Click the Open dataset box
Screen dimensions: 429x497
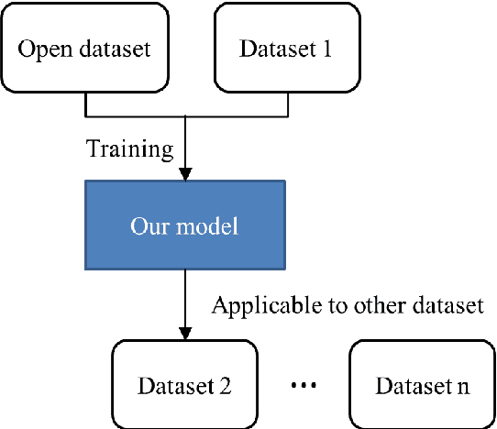coord(85,48)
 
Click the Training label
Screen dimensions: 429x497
coord(128,148)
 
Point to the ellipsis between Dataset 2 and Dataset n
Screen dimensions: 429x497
coord(304,386)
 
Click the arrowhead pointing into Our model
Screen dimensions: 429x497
coord(186,174)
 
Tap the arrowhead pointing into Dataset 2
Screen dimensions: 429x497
coord(186,333)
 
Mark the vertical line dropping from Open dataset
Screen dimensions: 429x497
coord(85,105)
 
